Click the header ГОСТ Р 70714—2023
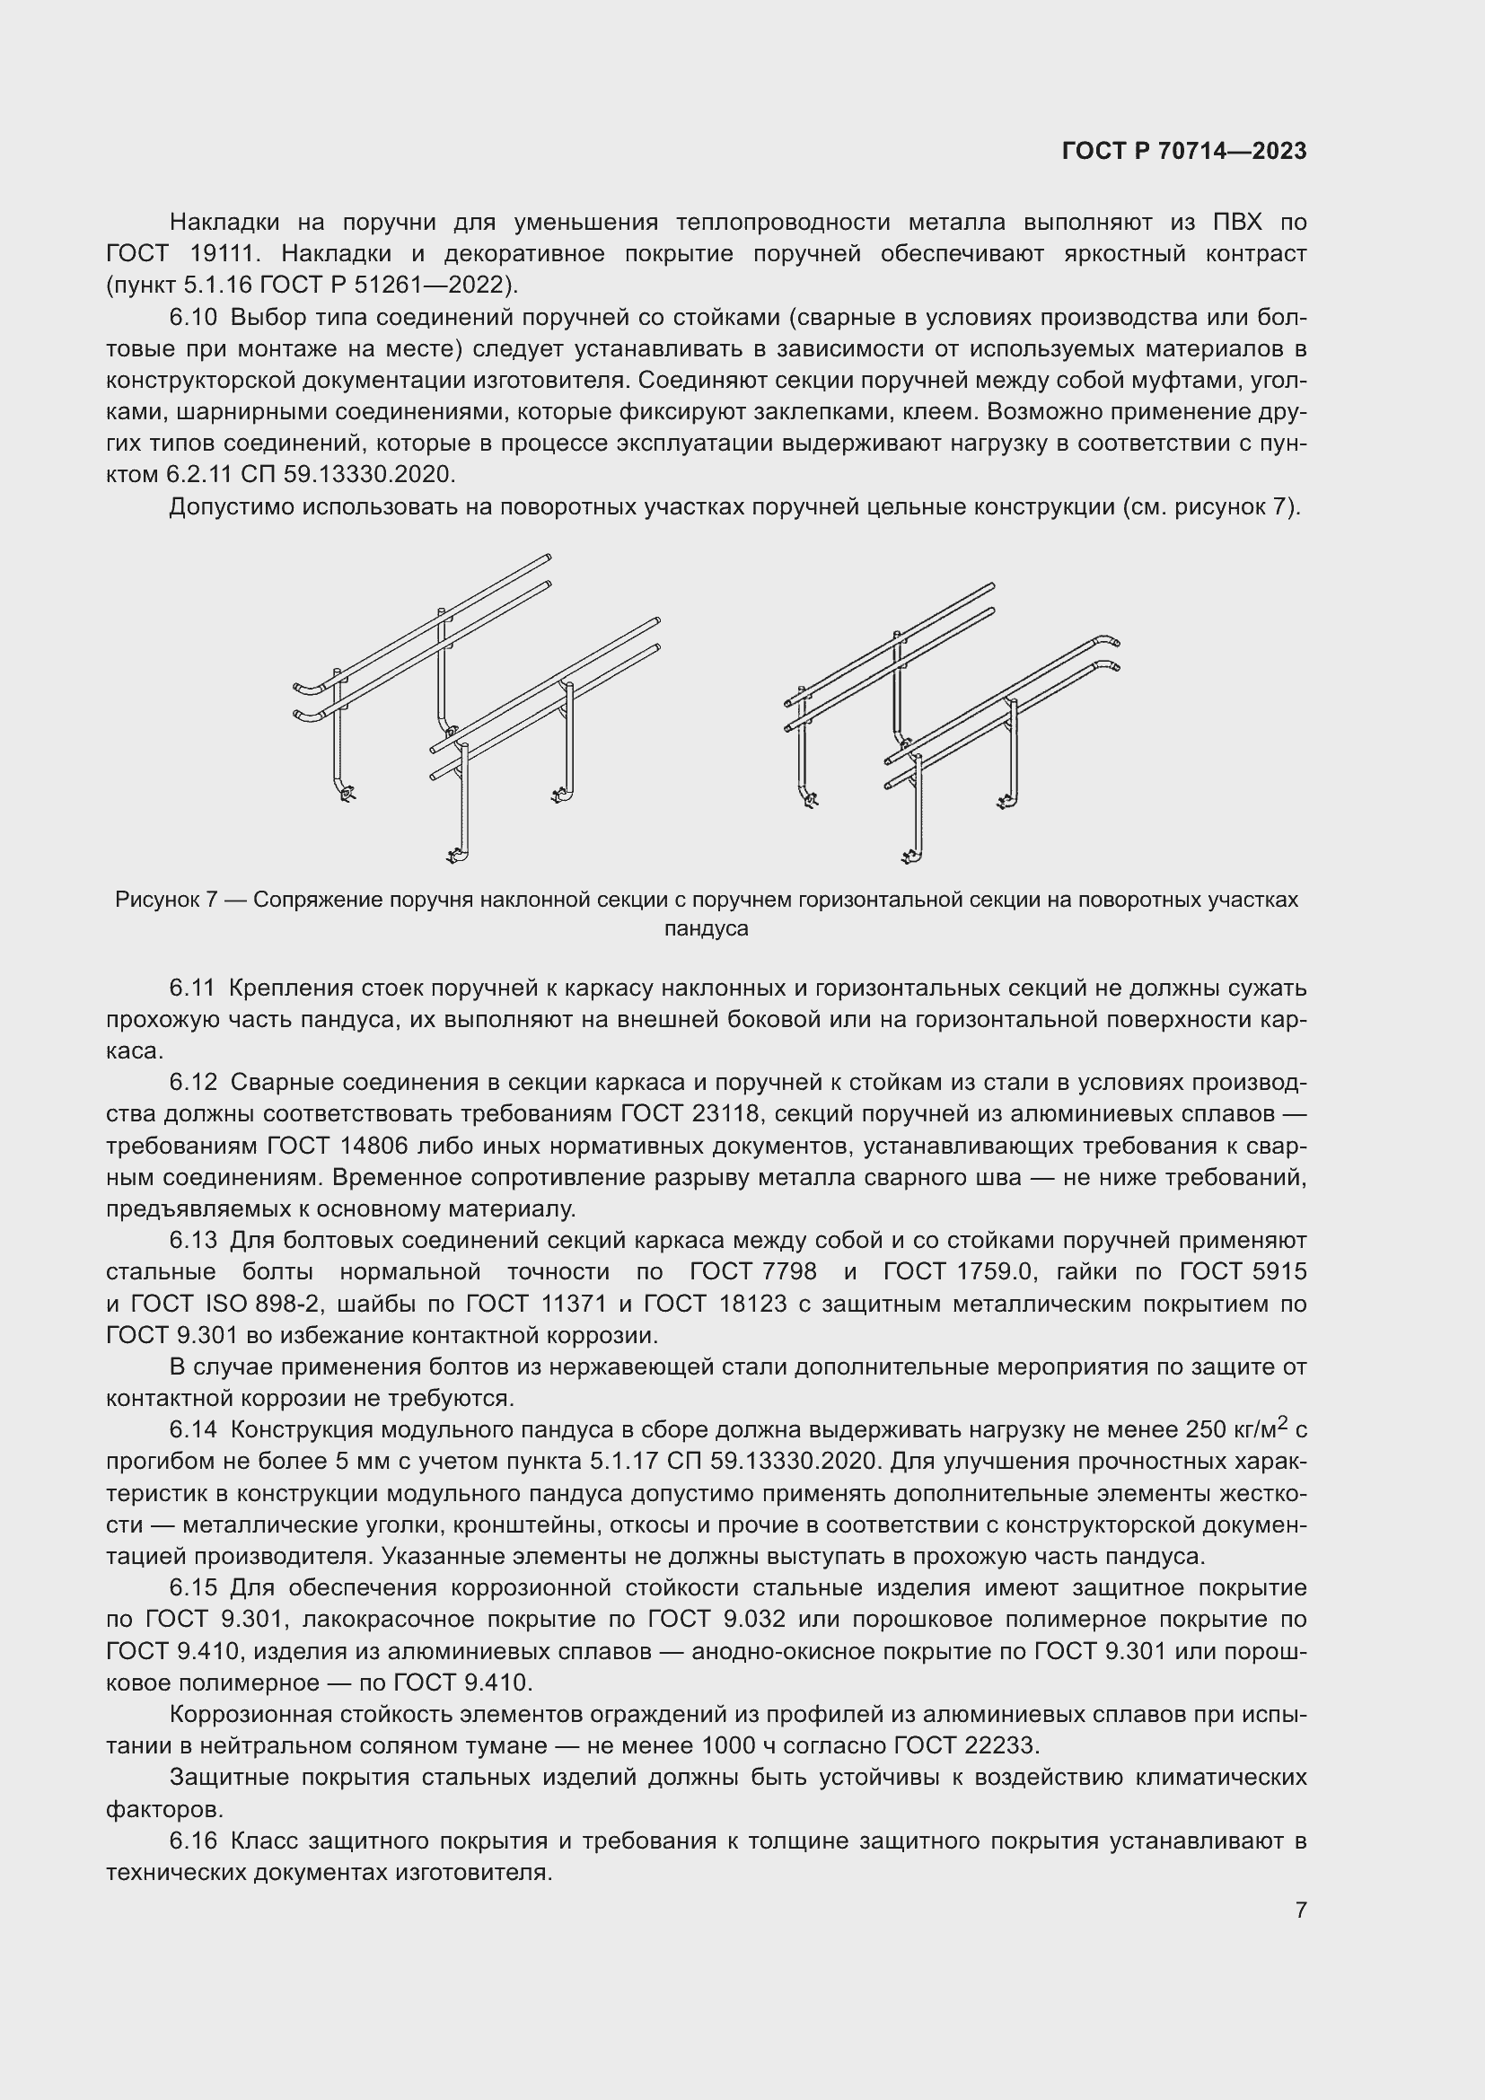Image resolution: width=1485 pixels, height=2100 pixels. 1184,152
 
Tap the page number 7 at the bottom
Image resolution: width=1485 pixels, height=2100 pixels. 1300,1910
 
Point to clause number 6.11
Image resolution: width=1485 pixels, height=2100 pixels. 193,988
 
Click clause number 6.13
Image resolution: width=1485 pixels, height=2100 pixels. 193,1240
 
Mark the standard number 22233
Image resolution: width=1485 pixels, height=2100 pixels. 999,1745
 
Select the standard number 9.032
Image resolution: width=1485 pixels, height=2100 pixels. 753,1619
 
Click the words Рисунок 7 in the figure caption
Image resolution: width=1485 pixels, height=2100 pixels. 166,900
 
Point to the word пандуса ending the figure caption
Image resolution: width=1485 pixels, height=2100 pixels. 706,929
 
